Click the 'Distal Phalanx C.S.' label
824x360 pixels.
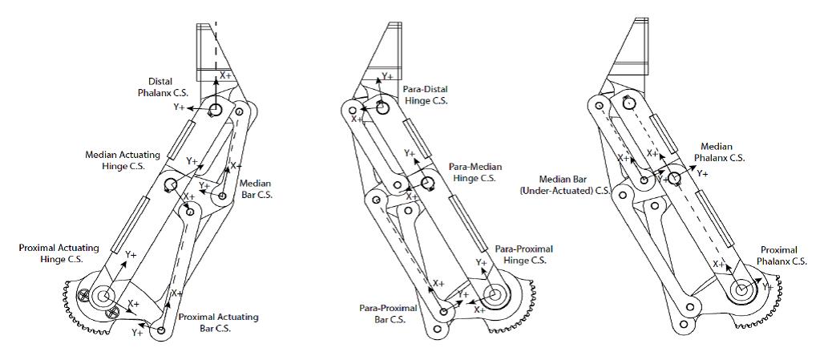point(169,87)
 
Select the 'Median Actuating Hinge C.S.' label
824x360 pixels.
point(123,160)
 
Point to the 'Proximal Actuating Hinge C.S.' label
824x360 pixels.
point(59,253)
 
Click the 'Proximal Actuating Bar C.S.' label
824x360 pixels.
point(218,322)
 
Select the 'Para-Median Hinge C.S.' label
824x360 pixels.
point(476,172)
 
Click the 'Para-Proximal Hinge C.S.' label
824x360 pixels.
point(523,254)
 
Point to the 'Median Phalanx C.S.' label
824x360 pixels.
point(722,152)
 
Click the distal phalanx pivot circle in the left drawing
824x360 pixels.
point(215,110)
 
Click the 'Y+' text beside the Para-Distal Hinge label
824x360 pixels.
point(386,77)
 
